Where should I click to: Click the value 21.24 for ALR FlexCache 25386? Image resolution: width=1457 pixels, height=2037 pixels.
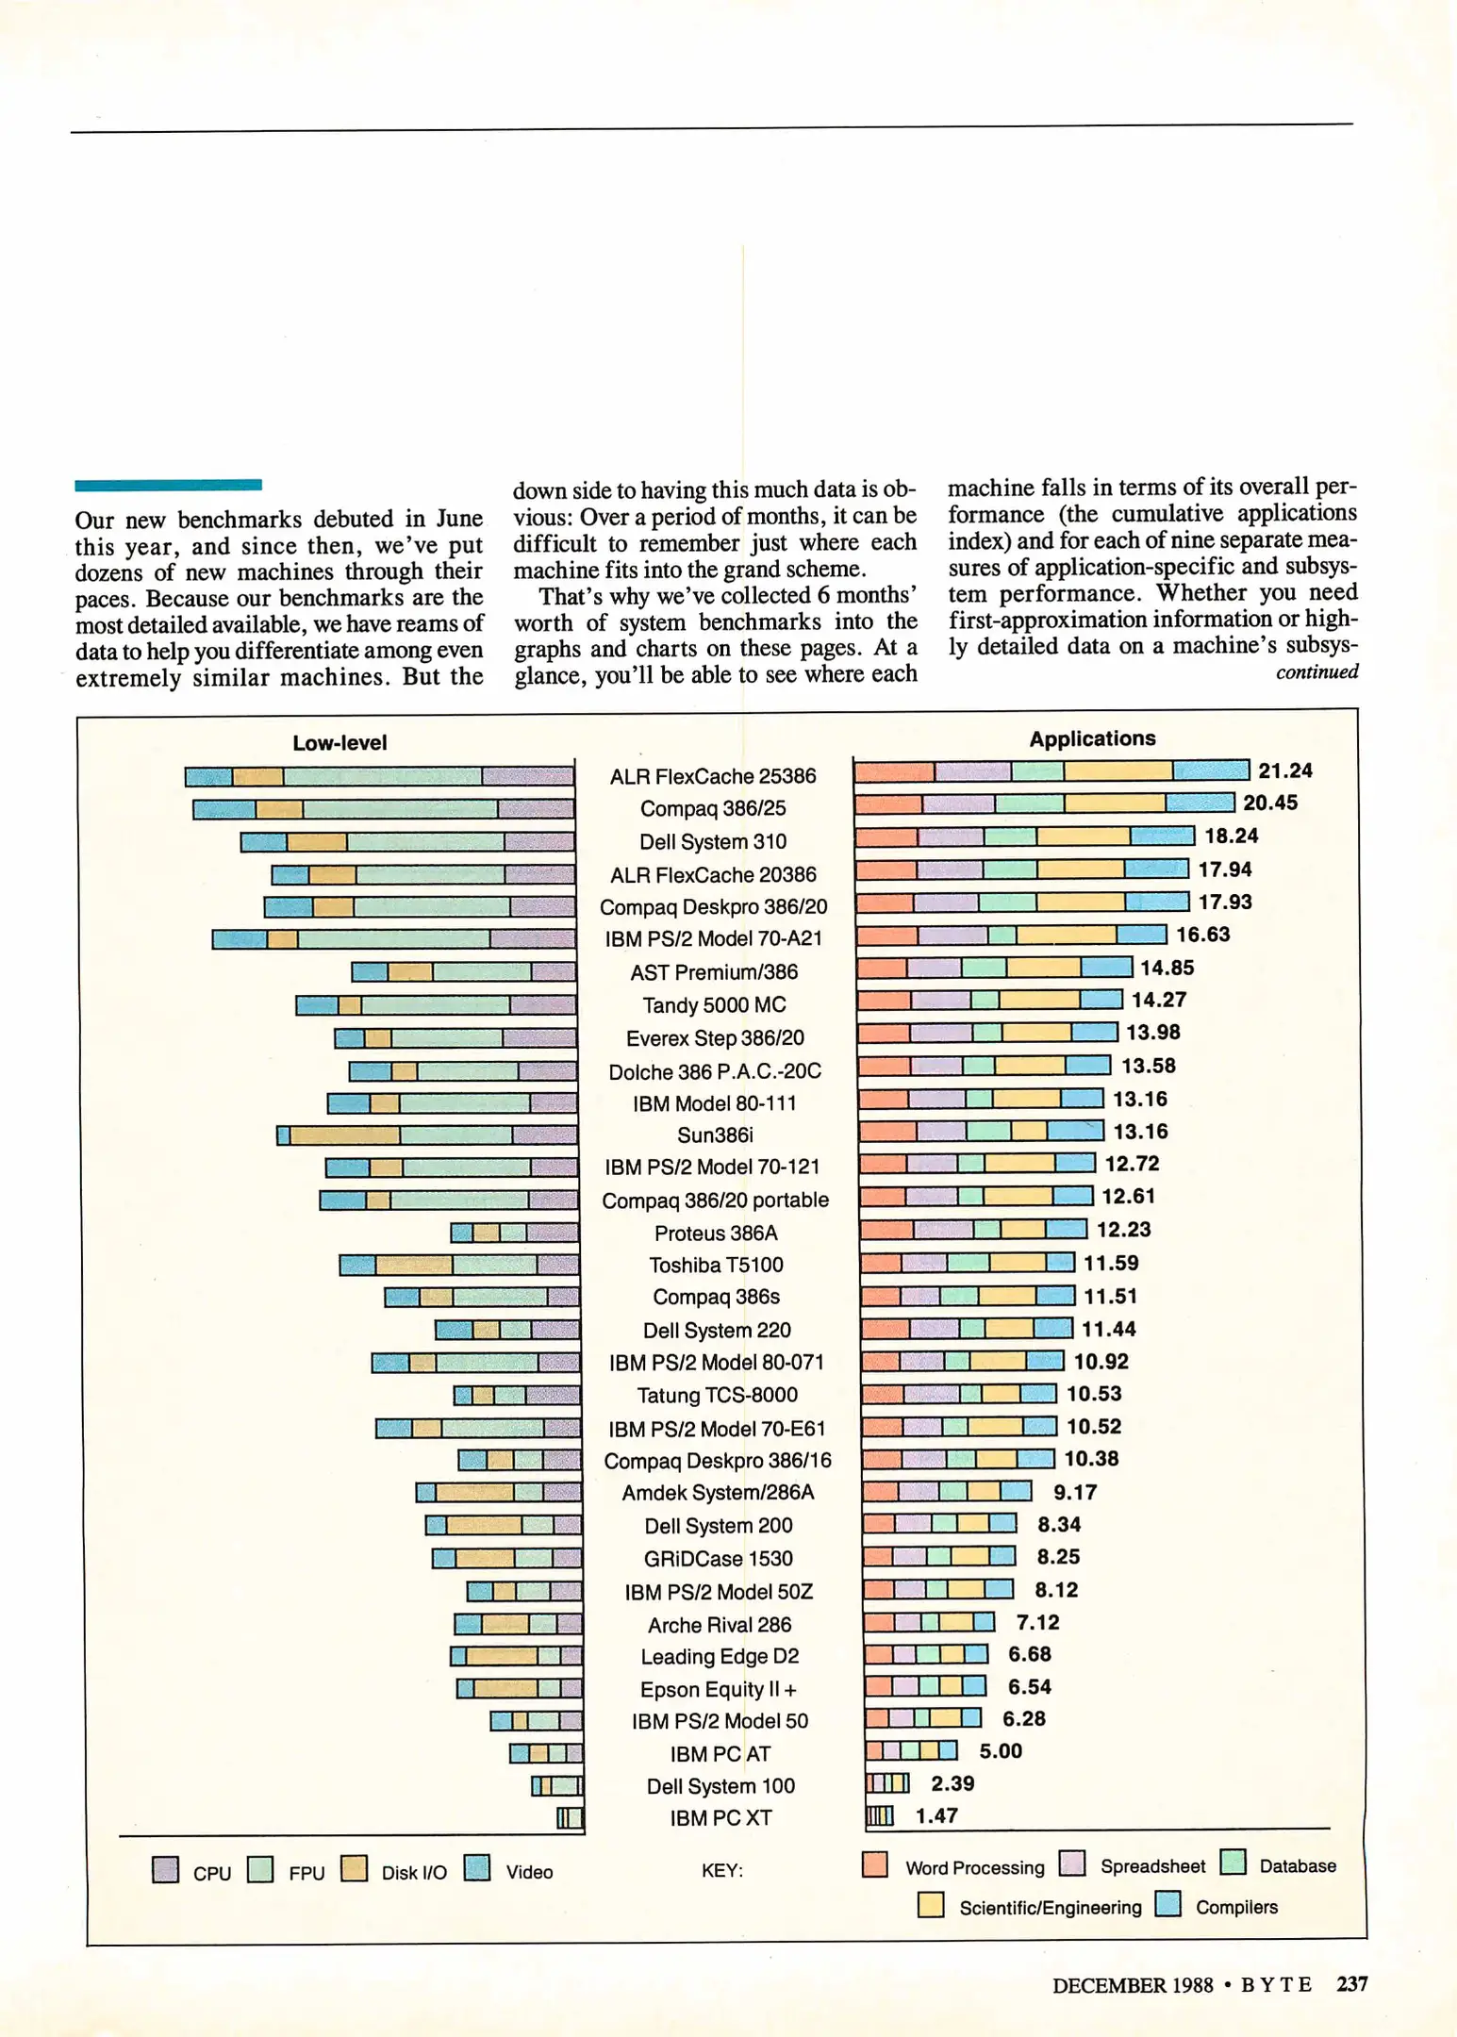click(x=1284, y=770)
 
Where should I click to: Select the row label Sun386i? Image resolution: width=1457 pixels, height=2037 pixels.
click(x=715, y=1134)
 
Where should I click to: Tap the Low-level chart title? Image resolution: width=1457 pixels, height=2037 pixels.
click(x=339, y=743)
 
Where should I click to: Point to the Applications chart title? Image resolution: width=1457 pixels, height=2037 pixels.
click(x=1092, y=738)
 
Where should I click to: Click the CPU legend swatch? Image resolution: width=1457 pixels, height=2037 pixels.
click(x=166, y=1869)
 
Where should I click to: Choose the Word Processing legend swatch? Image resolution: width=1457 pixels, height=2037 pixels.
click(x=875, y=1863)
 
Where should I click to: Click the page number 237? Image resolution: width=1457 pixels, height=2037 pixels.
click(x=1351, y=1983)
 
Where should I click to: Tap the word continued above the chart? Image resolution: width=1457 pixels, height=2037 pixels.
click(x=1316, y=671)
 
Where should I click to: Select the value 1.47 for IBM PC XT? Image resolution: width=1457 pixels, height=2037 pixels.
click(x=936, y=1815)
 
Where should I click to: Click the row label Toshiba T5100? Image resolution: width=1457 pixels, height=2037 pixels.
click(x=716, y=1265)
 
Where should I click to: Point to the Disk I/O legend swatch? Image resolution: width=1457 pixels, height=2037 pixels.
click(x=354, y=1868)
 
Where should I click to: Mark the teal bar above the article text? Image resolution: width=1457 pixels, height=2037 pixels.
click(x=168, y=485)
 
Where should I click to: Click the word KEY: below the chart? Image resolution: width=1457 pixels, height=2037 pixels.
click(x=721, y=1870)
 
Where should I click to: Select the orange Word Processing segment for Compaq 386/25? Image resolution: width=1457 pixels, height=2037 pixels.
click(x=889, y=803)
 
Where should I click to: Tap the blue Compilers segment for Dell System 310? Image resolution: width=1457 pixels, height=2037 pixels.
click(x=1162, y=836)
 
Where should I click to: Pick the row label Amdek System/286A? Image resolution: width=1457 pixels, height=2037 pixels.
click(x=718, y=1492)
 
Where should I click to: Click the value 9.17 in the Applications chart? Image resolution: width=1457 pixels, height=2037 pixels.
click(x=1074, y=1492)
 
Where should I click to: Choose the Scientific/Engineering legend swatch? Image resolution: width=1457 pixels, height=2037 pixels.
click(x=931, y=1905)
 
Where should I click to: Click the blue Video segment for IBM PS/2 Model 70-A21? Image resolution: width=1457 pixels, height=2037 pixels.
click(x=240, y=939)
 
